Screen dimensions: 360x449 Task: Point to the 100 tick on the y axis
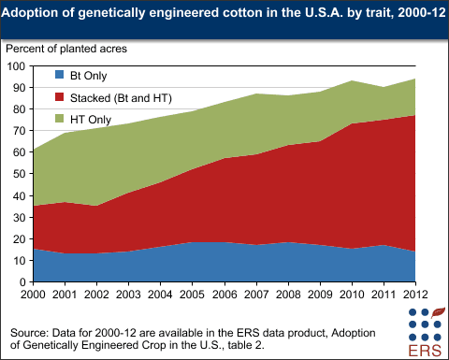pos(16,66)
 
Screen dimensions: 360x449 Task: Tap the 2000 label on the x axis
pos(35,295)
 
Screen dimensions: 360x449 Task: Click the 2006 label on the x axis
pos(224,295)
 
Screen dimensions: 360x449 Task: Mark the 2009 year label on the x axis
pos(318,295)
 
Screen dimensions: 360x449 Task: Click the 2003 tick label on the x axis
pos(129,295)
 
